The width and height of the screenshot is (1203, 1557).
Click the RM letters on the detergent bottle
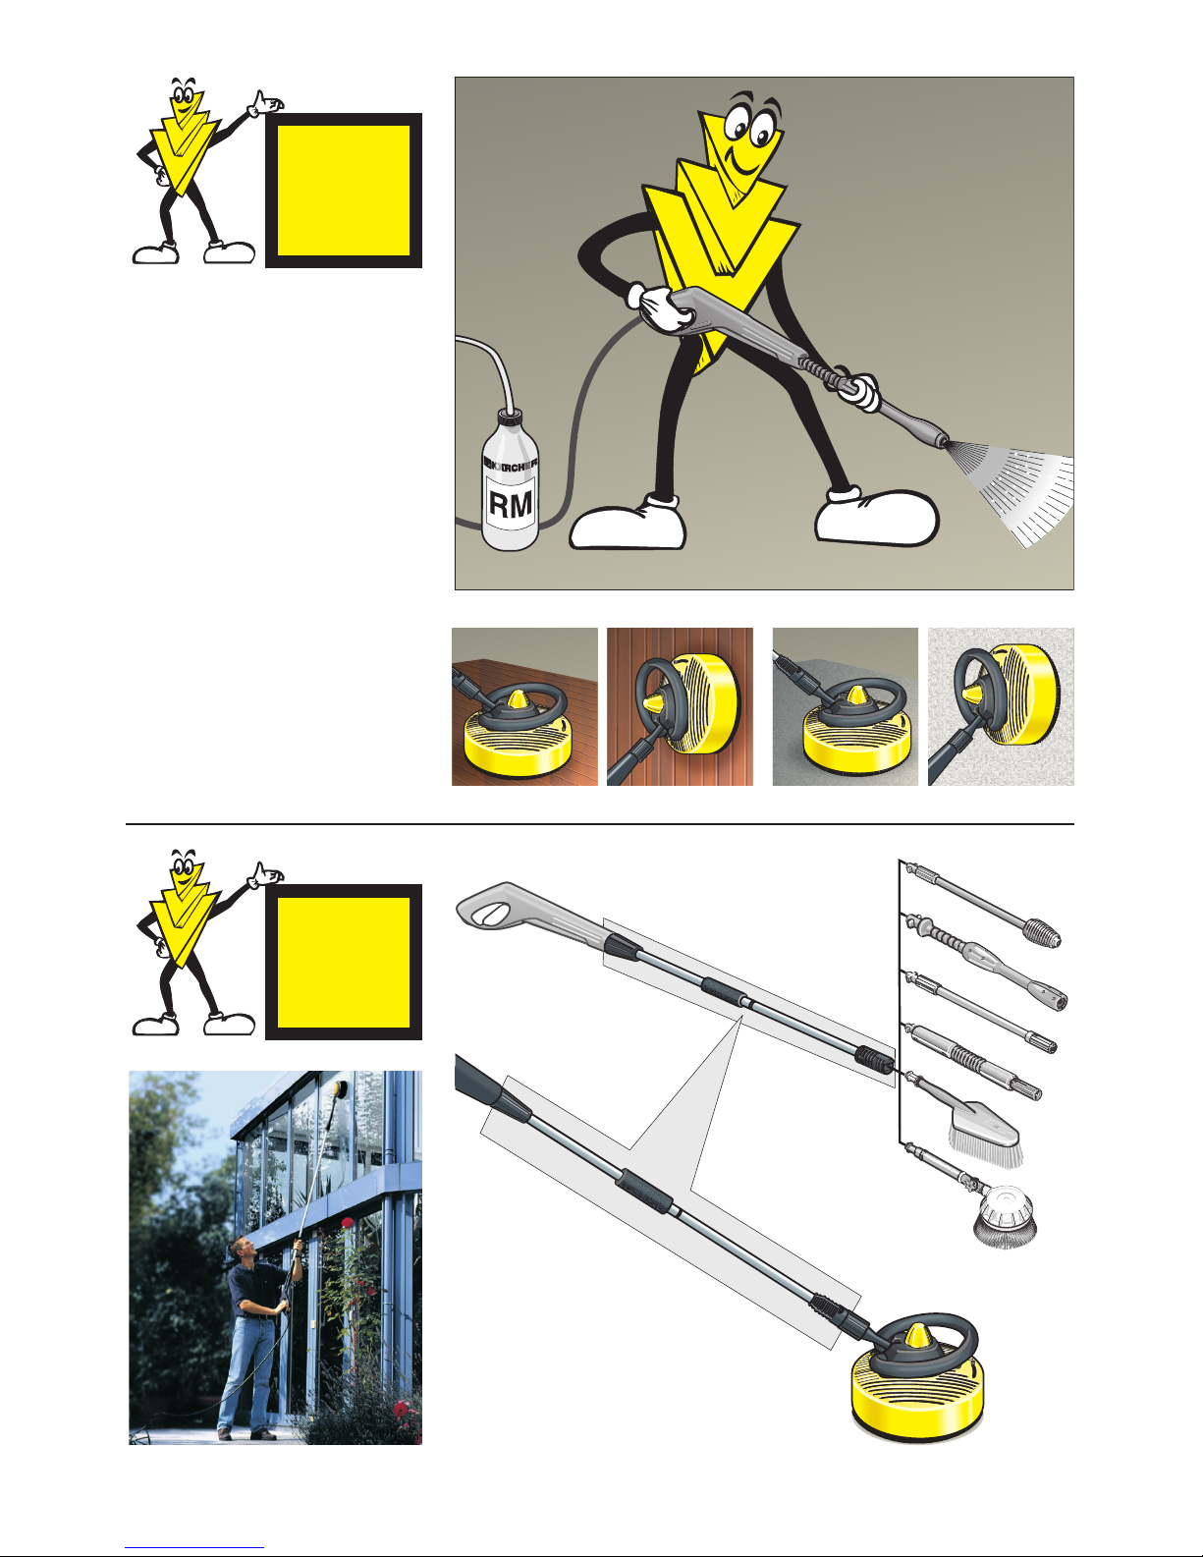511,505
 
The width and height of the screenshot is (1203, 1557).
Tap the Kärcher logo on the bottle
511,467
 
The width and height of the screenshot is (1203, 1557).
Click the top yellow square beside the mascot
343,191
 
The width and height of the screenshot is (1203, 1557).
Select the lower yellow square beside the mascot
343,963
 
